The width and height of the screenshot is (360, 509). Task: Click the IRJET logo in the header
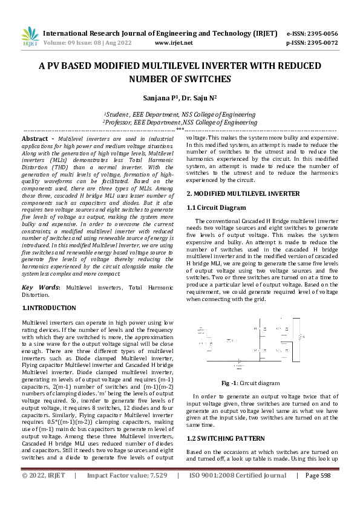click(x=30, y=37)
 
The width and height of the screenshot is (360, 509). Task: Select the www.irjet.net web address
click(x=174, y=43)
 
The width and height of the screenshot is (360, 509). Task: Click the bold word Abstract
click(x=35, y=138)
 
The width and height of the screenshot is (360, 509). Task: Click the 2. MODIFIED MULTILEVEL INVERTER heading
click(x=242, y=193)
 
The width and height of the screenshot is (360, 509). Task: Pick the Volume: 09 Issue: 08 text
click(x=83, y=43)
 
